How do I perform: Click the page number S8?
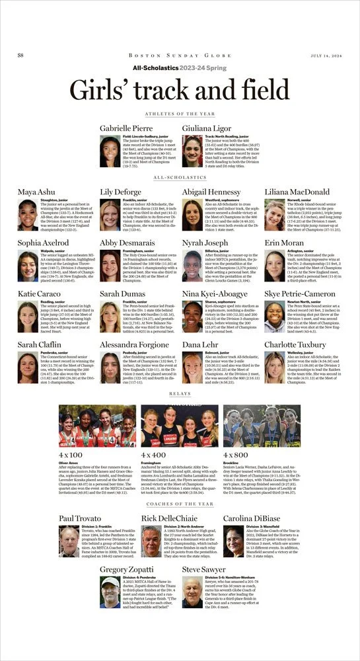pyautogui.click(x=20, y=55)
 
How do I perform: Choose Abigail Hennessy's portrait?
pyautogui.click(x=192, y=215)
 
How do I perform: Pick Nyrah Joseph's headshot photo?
pyautogui.click(x=192, y=266)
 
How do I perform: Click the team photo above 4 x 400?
pyautogui.click(x=180, y=426)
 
